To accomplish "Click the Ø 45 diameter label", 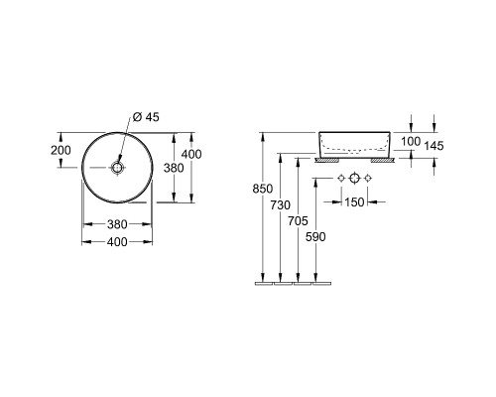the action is pos(146,117).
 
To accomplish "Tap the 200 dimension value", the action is pos(61,150).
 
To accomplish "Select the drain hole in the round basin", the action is pos(117,168).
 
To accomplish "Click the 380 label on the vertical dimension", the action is pos(174,168).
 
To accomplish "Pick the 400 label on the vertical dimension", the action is pos(191,154).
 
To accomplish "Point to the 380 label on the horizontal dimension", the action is pos(117,224).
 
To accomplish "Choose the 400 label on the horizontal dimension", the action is pos(117,242).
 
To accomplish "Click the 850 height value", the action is pos(263,189).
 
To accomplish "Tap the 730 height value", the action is pos(281,205).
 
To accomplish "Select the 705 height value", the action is pos(298,221).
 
